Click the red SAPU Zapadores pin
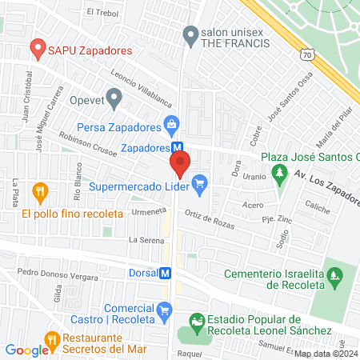point(37,49)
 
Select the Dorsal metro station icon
point(166,272)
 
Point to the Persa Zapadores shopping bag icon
point(170,125)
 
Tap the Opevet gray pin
point(114,99)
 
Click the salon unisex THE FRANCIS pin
point(190,34)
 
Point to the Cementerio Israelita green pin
point(338,276)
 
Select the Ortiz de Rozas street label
point(210,218)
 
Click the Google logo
point(26,350)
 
